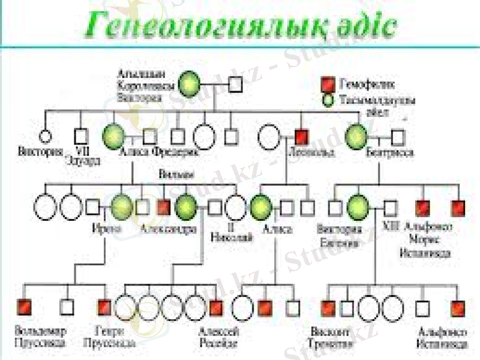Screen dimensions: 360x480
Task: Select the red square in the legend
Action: point(328,83)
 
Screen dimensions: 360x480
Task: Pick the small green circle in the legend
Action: point(328,100)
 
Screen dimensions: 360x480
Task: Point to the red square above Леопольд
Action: point(302,137)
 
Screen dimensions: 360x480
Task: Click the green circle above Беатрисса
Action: point(357,136)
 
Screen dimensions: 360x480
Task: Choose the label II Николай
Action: point(232,232)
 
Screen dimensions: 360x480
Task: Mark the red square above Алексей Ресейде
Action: point(215,308)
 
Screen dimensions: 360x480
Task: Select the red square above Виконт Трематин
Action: point(328,308)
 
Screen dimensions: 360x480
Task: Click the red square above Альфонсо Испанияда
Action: point(458,308)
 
